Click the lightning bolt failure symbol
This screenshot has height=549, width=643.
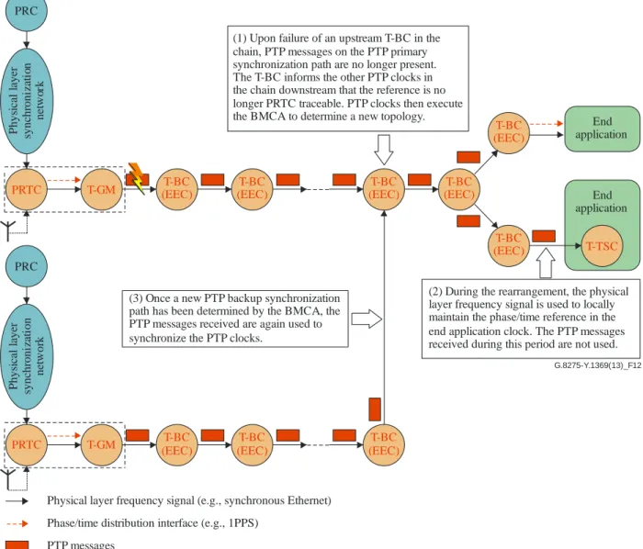[x=137, y=178]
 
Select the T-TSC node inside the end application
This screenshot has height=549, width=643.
[x=602, y=246]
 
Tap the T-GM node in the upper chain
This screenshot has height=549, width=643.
[x=102, y=189]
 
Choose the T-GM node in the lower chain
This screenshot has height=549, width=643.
[x=102, y=444]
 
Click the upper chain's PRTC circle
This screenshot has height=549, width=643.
[x=27, y=189]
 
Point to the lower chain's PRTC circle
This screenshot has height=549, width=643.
[x=27, y=444]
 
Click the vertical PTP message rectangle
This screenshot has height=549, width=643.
[x=375, y=409]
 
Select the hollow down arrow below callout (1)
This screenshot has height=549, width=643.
[x=384, y=150]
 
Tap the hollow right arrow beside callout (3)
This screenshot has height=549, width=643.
[x=367, y=319]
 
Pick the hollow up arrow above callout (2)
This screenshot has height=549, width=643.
[x=546, y=263]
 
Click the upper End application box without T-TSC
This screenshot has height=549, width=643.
[x=602, y=129]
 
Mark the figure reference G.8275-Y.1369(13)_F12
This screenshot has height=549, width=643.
[x=597, y=365]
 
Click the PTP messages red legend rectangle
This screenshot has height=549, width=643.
[x=17, y=545]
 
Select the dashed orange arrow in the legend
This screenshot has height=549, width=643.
[x=17, y=523]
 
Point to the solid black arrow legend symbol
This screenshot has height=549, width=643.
[x=17, y=500]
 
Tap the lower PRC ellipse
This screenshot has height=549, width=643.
[x=27, y=265]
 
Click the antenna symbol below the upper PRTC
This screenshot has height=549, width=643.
[x=8, y=230]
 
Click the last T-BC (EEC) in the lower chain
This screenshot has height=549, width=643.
[x=384, y=444]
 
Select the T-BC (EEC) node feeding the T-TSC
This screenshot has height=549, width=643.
[x=509, y=245]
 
